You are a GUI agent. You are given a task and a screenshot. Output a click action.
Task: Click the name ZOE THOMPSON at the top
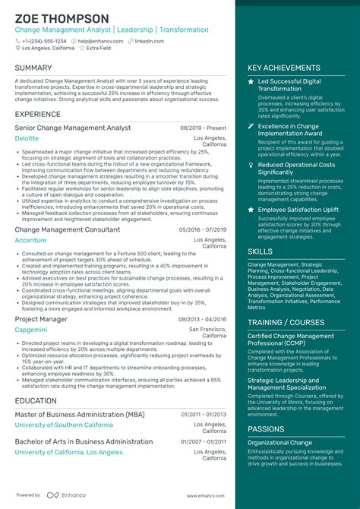(x=62, y=18)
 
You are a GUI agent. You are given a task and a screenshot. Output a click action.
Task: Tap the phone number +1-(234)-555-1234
(x=44, y=41)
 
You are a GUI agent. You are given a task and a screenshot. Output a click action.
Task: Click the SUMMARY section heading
(x=33, y=68)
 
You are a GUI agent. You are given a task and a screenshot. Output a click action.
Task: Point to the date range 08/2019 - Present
(x=203, y=129)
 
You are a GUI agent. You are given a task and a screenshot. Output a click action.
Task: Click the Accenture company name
(x=30, y=240)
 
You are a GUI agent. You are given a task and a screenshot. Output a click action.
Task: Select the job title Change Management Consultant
(x=67, y=229)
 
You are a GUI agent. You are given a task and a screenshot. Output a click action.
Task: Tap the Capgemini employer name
(x=32, y=330)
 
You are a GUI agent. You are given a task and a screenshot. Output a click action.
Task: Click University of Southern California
(x=64, y=425)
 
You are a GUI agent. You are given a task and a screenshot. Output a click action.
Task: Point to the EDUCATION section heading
(x=36, y=400)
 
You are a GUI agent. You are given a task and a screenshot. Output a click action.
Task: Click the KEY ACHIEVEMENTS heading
(x=284, y=68)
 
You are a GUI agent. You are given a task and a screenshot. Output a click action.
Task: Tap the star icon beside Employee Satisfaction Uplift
(x=251, y=209)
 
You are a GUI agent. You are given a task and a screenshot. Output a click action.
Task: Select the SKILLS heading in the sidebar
(x=260, y=251)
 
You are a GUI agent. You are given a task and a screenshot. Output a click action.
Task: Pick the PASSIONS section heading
(x=266, y=429)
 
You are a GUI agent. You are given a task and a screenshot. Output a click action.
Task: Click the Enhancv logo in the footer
(x=65, y=495)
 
